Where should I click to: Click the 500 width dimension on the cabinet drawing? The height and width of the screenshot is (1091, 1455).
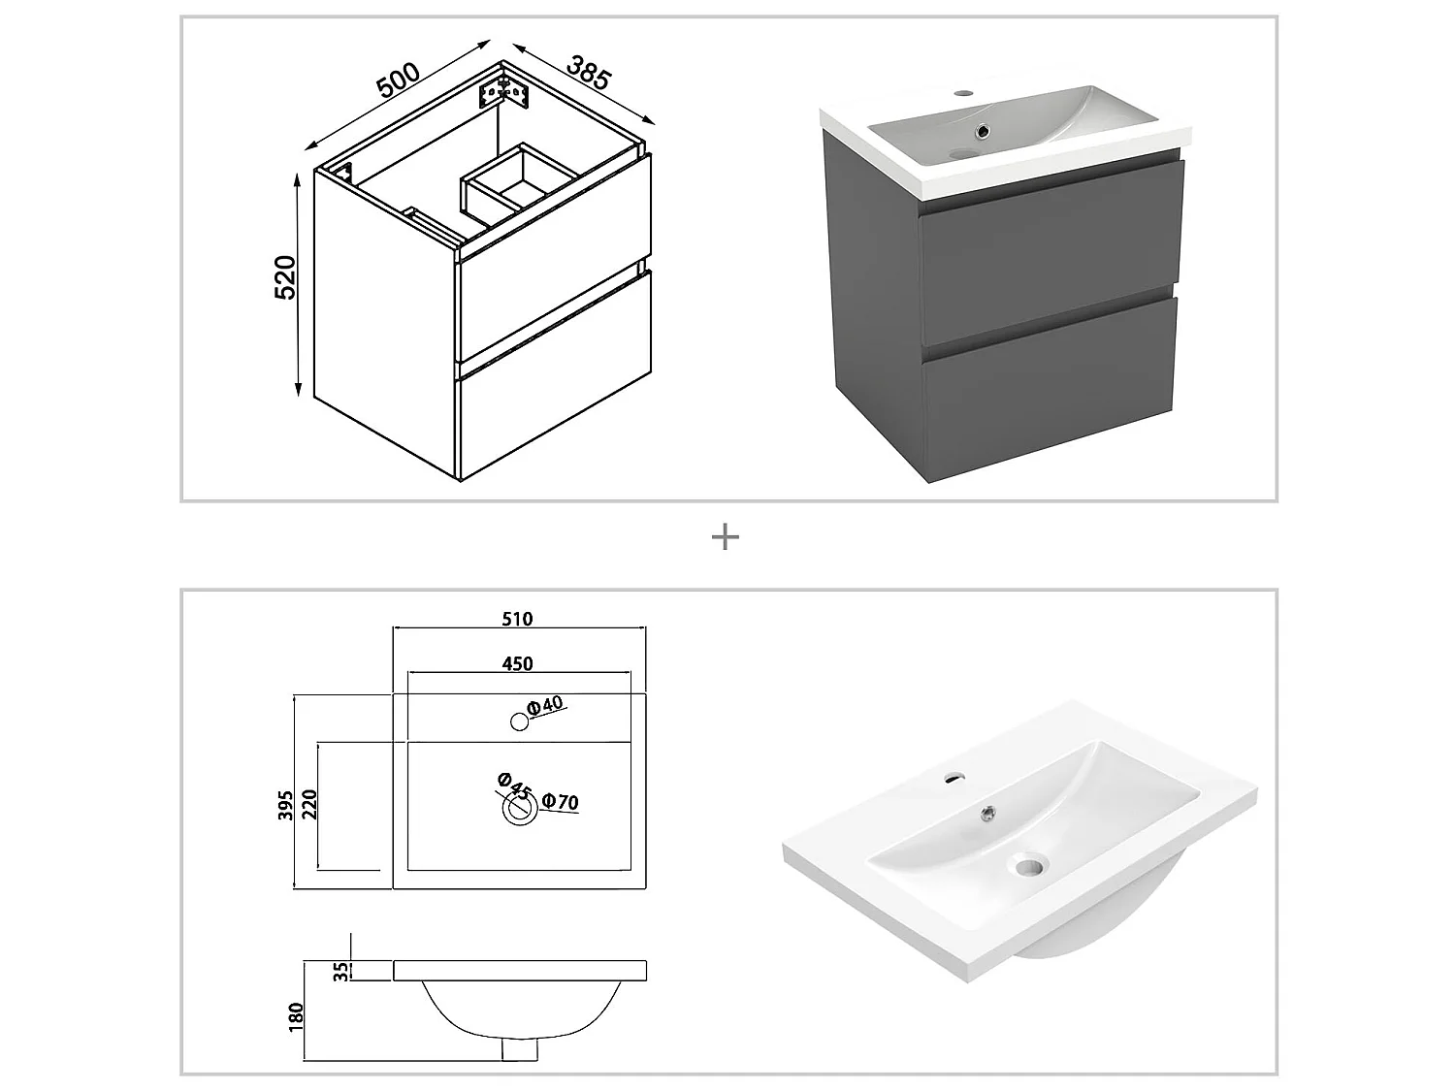398,79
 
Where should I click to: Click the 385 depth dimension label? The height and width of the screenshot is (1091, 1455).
589,74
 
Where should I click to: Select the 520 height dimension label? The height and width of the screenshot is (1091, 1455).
284,278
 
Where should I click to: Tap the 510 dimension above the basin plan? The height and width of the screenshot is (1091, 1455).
517,619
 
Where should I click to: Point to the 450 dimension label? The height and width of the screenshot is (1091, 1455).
517,663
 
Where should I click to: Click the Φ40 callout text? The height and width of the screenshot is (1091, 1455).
546,706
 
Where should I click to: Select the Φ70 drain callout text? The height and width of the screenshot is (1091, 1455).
562,802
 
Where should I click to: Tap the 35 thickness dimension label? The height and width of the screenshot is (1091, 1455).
341,972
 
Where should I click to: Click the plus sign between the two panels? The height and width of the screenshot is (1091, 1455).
726,536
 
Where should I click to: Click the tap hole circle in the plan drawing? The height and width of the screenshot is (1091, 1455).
519,722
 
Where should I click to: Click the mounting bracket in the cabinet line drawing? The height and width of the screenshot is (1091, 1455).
504,90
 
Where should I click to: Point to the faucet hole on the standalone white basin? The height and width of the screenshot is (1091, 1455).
954,777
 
